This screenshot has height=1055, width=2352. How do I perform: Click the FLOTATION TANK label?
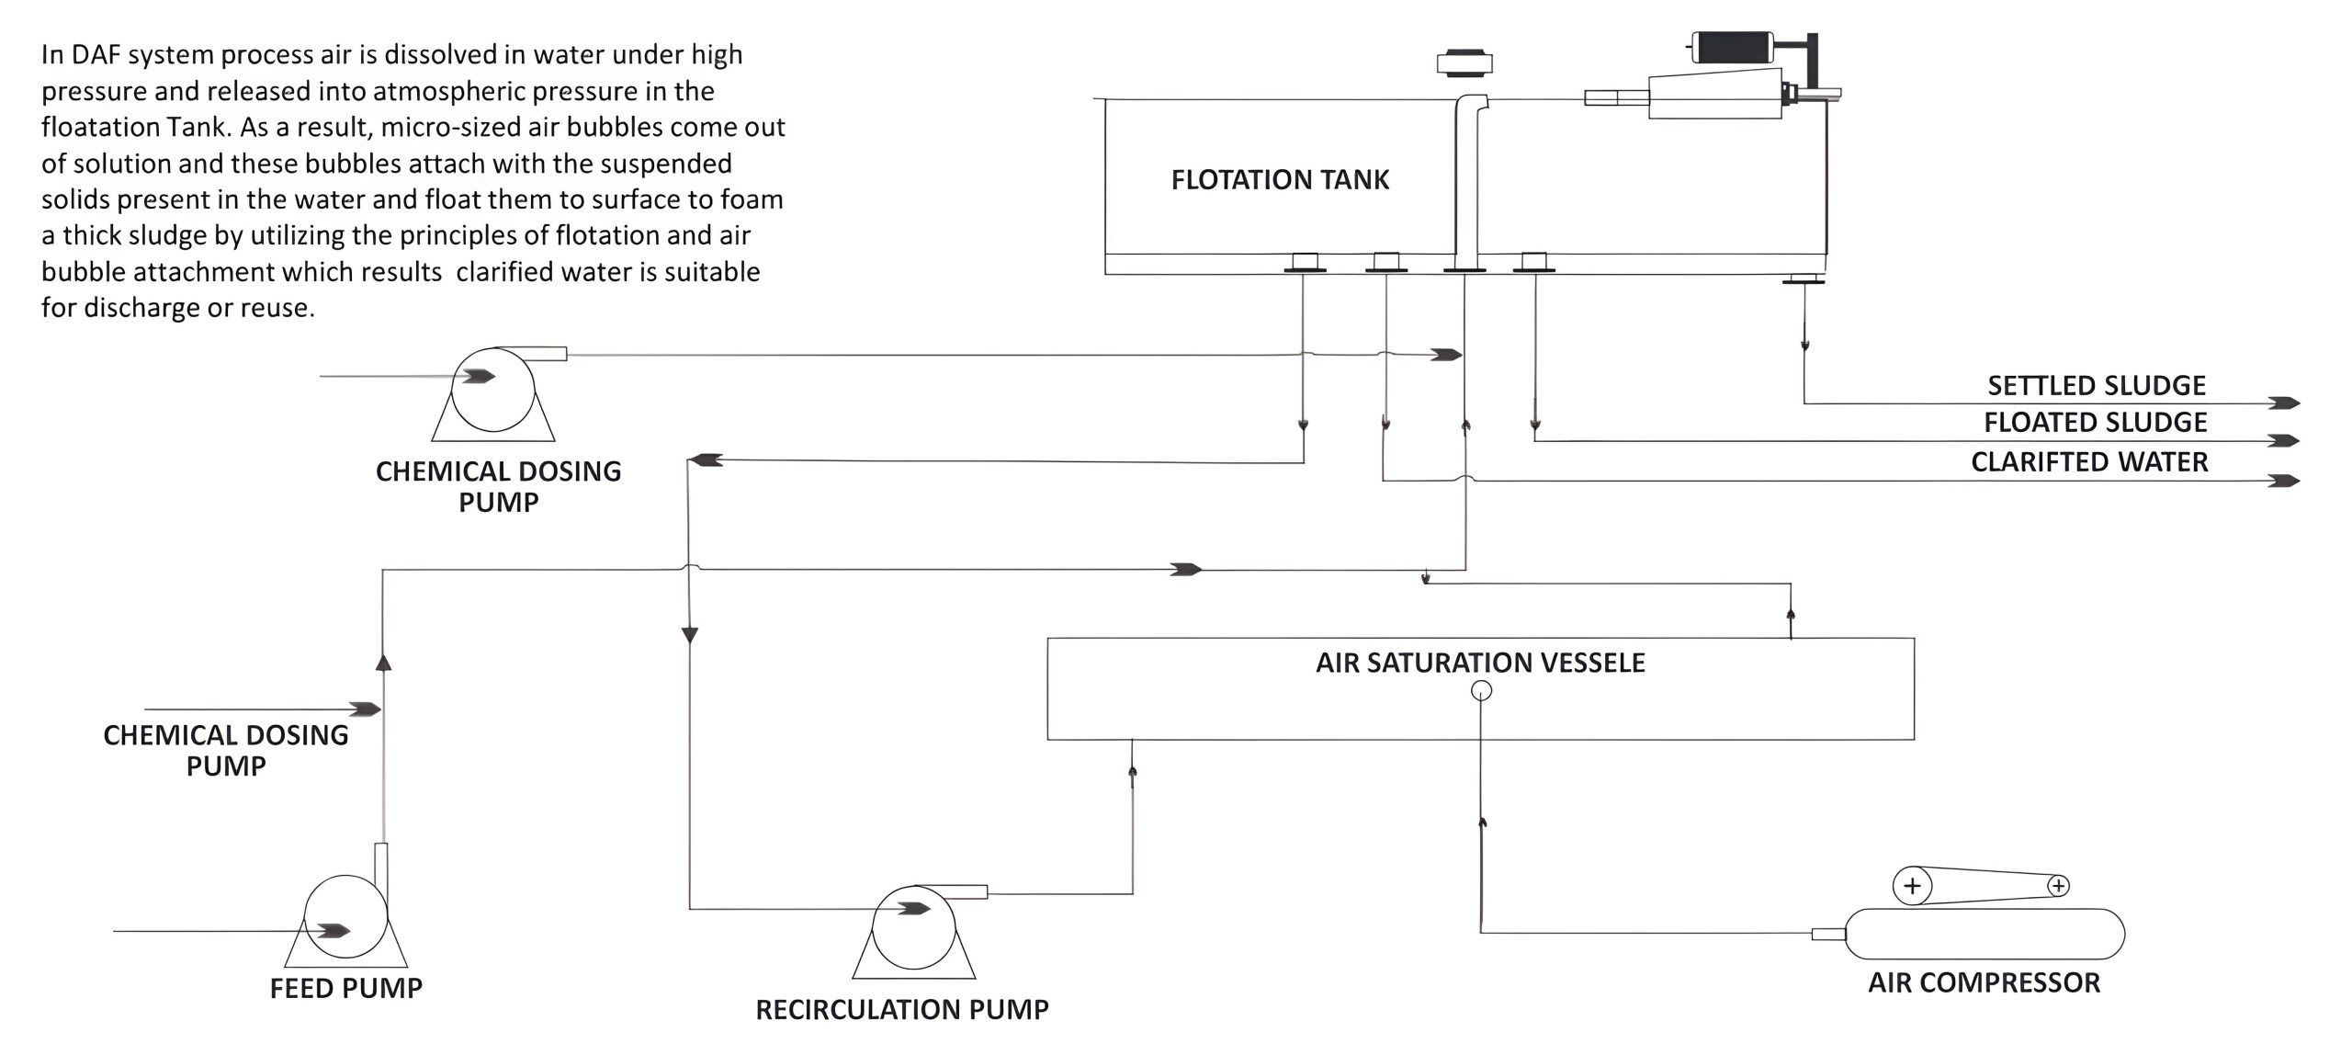pyautogui.click(x=1280, y=179)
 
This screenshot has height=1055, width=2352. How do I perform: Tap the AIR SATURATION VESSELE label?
pyautogui.click(x=1480, y=663)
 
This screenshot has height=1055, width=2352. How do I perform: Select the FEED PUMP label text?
pyautogui.click(x=345, y=988)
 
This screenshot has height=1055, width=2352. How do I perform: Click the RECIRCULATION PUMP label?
pyautogui.click(x=901, y=1009)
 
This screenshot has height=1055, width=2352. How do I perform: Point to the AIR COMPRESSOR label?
pyautogui.click(x=1984, y=982)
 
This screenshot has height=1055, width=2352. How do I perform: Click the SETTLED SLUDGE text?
pyautogui.click(x=2096, y=385)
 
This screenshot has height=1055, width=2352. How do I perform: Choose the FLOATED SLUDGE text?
pyautogui.click(x=2095, y=423)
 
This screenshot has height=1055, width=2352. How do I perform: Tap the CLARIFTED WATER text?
pyautogui.click(x=2088, y=461)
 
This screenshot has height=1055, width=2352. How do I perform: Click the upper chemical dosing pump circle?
pyautogui.click(x=493, y=390)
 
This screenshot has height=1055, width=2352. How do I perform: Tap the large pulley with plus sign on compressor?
pyautogui.click(x=1912, y=886)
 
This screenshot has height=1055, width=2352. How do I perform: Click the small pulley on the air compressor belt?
pyautogui.click(x=2058, y=886)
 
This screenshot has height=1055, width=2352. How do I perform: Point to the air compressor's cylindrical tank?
pyautogui.click(x=1984, y=934)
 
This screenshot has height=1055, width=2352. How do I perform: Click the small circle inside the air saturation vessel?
pyautogui.click(x=1481, y=691)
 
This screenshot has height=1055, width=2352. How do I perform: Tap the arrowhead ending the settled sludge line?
pyautogui.click(x=2284, y=403)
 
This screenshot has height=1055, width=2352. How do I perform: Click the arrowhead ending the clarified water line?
pyautogui.click(x=2284, y=481)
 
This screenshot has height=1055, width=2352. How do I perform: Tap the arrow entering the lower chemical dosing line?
pyautogui.click(x=366, y=709)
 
